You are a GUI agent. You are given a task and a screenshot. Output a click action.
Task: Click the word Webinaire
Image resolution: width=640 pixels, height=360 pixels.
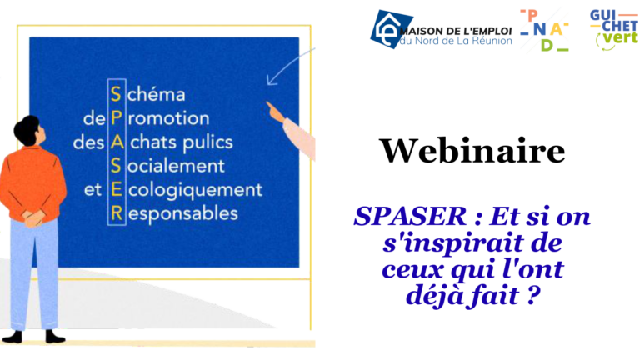pyautogui.click(x=472, y=151)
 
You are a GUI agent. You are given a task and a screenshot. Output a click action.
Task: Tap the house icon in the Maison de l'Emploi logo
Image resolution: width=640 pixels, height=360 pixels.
pyautogui.click(x=387, y=28)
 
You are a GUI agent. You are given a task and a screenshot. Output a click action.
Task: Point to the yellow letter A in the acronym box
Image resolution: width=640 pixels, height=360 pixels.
pyautogui.click(x=117, y=142)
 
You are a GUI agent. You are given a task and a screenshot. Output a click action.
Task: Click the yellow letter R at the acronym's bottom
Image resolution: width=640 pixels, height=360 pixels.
pyautogui.click(x=117, y=214)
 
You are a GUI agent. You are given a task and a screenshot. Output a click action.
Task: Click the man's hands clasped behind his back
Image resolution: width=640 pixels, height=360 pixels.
pyautogui.click(x=33, y=218)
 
